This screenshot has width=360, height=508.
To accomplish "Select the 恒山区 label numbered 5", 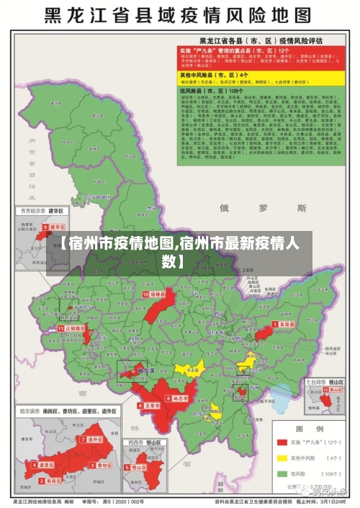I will [137, 467].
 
